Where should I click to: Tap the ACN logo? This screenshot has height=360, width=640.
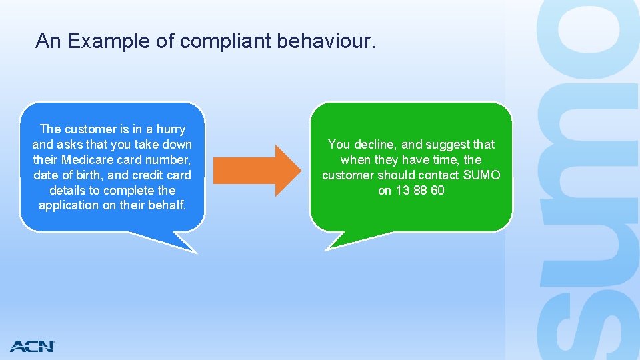32,346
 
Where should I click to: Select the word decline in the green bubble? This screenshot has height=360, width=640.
375,145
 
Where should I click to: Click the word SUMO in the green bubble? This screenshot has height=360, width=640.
481,175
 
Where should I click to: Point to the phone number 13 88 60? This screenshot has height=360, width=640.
420,191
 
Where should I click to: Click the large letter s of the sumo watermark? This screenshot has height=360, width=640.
587,320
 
